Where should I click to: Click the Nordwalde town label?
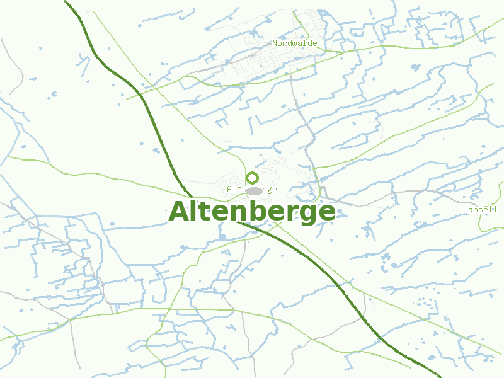(x=294, y=43)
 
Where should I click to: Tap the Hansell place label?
(x=480, y=209)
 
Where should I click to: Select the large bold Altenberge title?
(x=252, y=212)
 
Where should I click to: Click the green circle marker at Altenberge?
(x=253, y=178)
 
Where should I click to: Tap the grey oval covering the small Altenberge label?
(x=254, y=190)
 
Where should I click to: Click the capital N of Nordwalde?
(x=275, y=43)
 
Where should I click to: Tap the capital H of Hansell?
(x=465, y=209)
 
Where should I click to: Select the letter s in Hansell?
(x=480, y=209)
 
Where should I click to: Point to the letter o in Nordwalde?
(x=280, y=43)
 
